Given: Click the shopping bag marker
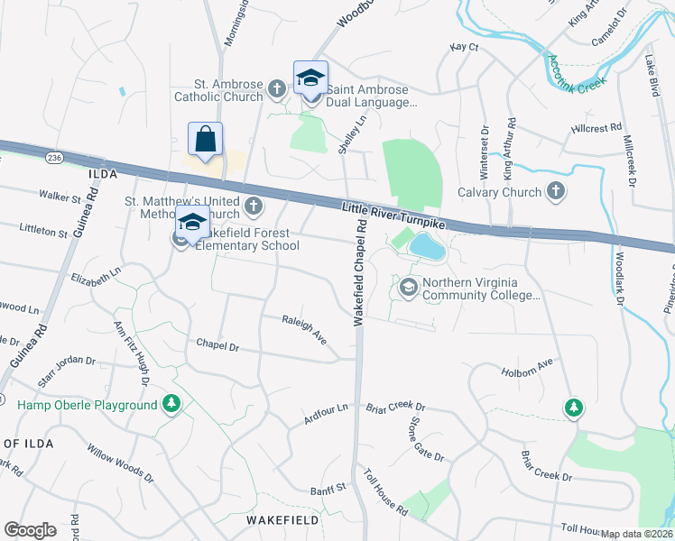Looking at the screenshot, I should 205,141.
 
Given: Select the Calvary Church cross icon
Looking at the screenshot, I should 556,191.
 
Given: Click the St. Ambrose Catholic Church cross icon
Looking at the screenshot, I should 276,88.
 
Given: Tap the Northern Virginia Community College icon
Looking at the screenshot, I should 408,288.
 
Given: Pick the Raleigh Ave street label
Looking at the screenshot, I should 304,329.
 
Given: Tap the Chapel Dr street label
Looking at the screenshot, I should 217,345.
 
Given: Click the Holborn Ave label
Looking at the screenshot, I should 526,367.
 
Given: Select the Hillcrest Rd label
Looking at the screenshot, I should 596,129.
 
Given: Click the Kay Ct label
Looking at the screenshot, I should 463,47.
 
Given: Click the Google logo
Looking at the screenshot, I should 30,530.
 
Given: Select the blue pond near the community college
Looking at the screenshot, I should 426,245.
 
